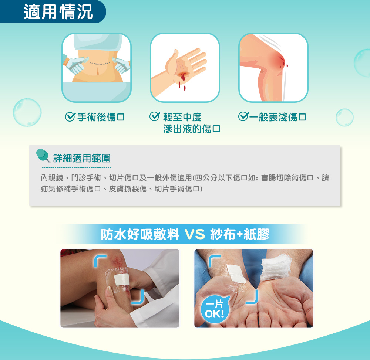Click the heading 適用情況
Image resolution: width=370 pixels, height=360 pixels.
click(58, 12)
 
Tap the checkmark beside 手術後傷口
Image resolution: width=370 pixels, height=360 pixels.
click(70, 117)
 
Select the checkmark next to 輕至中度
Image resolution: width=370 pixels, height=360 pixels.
click(155, 116)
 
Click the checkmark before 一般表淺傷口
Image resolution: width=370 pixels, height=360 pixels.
click(243, 116)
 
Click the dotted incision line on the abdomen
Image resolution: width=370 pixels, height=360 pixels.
click(100, 64)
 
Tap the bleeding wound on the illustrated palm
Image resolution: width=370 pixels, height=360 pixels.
click(182, 76)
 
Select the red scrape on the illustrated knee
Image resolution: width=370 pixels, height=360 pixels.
click(281, 61)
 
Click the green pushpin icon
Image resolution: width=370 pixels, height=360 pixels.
click(43, 155)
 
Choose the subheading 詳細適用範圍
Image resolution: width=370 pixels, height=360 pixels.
click(82, 158)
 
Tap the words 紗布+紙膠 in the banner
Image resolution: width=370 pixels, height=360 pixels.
click(240, 234)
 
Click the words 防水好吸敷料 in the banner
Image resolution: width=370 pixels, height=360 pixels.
click(140, 234)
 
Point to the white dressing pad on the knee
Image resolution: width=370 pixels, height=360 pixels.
click(122, 279)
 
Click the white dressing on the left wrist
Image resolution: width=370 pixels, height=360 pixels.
click(236, 274)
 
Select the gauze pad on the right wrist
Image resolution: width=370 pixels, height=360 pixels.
click(276, 266)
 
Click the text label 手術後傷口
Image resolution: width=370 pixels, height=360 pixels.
click(101, 117)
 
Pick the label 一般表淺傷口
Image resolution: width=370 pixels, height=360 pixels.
click(278, 117)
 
